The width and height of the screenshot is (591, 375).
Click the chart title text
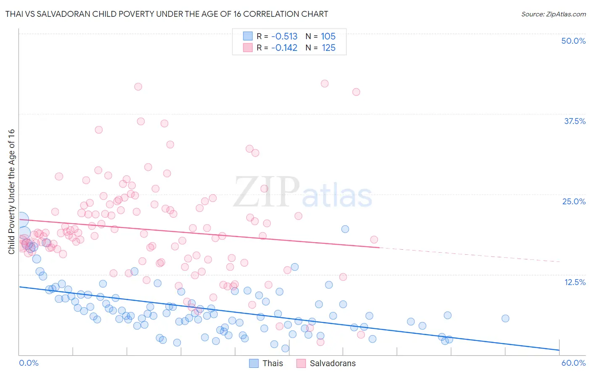[166, 14]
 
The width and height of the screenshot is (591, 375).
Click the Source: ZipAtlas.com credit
[553, 14]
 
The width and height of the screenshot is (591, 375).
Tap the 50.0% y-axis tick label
[573, 41]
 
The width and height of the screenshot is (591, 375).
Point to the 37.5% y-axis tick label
[575, 121]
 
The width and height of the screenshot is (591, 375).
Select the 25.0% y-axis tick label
[574, 201]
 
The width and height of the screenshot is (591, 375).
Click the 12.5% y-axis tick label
[575, 282]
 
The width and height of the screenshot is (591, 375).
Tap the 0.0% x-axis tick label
[29, 363]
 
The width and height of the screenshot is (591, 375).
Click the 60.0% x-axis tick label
[573, 363]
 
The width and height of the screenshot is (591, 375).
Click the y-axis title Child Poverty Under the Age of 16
[11, 191]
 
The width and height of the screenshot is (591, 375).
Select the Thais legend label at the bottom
[272, 363]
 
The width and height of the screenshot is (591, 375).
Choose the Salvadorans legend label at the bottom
[332, 363]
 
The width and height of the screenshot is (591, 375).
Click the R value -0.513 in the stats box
[284, 36]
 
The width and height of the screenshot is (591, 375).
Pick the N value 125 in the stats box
[328, 48]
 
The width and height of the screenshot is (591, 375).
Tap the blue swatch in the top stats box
[248, 36]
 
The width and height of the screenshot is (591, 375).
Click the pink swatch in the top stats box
[248, 48]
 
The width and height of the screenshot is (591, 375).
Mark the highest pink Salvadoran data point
[325, 84]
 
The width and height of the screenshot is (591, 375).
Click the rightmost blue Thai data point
[505, 318]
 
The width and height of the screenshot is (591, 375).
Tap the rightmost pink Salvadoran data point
[374, 240]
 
